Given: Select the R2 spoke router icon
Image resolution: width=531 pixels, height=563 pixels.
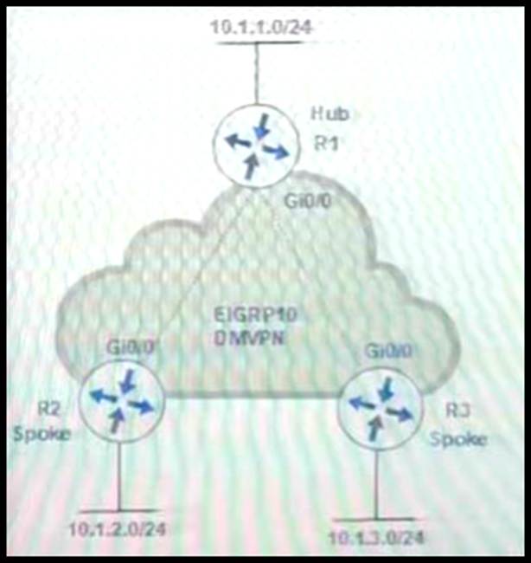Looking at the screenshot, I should (x=119, y=401).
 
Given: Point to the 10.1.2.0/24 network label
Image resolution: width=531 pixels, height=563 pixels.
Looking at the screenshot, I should (x=119, y=527).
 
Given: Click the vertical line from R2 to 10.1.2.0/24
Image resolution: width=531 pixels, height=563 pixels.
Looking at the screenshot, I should (x=119, y=475).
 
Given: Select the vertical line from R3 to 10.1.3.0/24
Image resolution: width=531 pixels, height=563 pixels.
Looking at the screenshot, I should (x=375, y=481).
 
